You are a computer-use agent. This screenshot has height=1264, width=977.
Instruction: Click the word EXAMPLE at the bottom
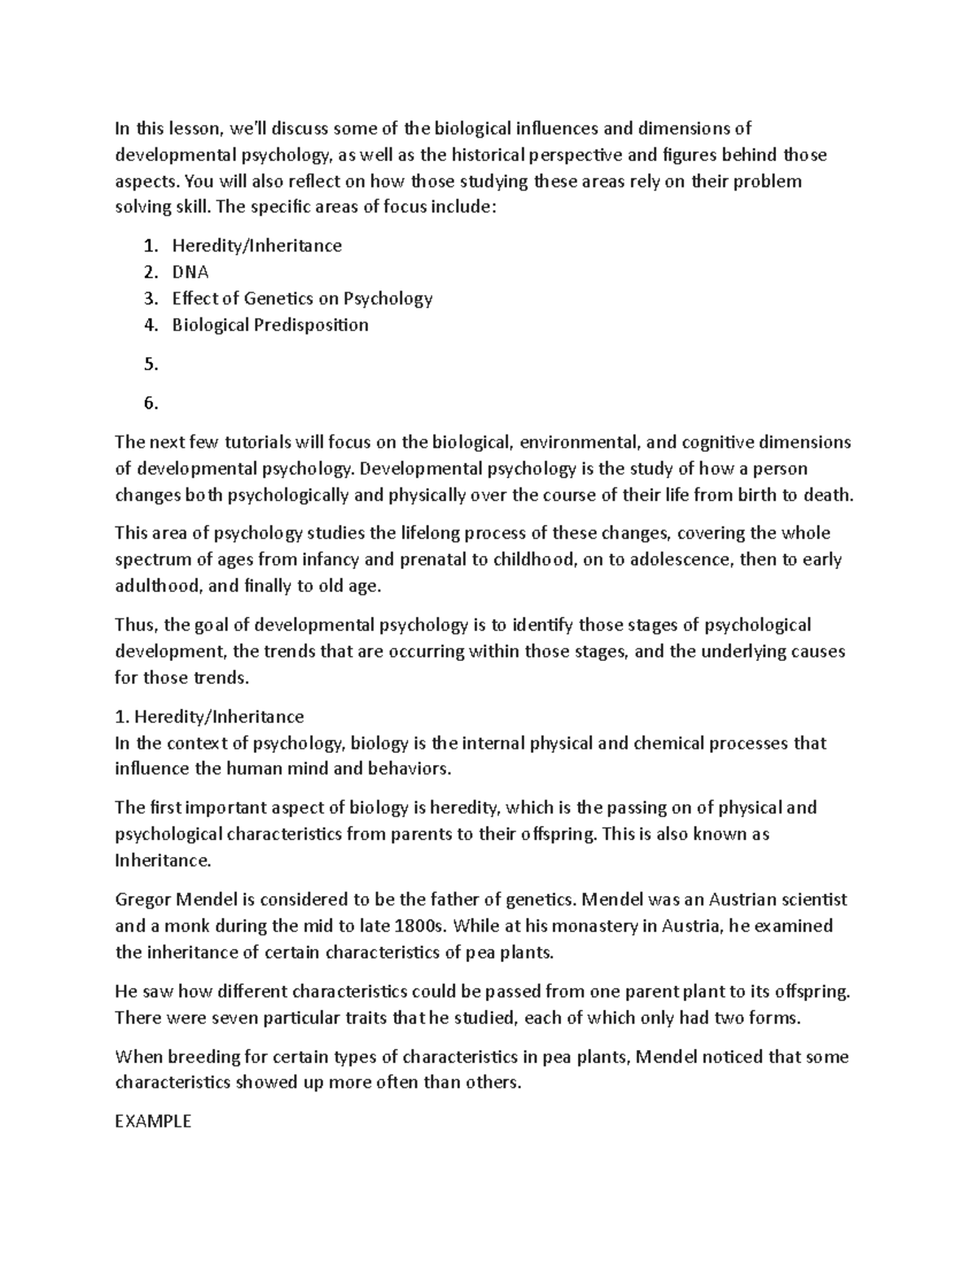pos(153,1121)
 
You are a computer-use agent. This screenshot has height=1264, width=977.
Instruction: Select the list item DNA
pos(190,272)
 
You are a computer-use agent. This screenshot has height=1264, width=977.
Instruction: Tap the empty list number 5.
pos(151,364)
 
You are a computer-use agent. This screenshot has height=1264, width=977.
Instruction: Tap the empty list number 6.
pos(151,403)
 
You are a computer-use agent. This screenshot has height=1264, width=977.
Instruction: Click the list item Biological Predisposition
pos(269,325)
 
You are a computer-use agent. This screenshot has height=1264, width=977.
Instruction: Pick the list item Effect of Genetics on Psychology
pos(301,298)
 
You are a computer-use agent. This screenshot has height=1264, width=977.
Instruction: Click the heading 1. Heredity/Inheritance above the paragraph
pos(209,716)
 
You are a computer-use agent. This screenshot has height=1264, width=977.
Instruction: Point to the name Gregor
pos(141,899)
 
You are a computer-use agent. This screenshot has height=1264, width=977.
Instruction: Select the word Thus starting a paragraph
pos(134,625)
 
